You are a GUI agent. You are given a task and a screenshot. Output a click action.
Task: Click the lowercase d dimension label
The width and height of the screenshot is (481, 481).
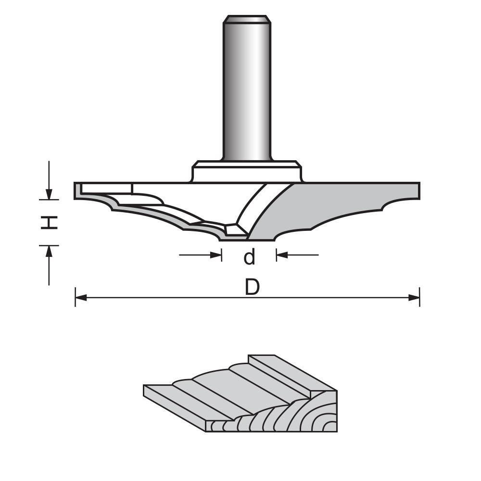[x=249, y=257]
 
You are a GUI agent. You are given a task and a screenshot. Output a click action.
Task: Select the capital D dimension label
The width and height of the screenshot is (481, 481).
[x=252, y=288]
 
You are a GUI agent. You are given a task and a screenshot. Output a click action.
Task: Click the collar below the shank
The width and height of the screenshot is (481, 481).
[x=247, y=172]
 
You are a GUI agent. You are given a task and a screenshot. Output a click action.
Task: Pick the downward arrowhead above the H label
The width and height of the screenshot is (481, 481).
[x=49, y=194]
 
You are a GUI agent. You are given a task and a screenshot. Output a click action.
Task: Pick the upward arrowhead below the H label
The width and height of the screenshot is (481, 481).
[x=49, y=251]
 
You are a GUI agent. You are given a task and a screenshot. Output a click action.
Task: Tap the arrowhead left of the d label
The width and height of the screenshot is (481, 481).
[x=216, y=255]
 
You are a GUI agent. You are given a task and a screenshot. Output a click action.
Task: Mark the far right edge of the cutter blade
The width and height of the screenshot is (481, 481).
[x=418, y=191]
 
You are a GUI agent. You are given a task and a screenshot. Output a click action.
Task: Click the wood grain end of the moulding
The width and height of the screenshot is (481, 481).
[x=289, y=418]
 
